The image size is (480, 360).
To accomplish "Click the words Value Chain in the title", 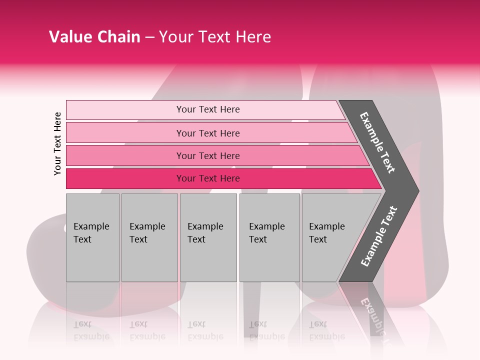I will click(94, 37).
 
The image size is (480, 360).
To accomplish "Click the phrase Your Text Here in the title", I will click(215, 37).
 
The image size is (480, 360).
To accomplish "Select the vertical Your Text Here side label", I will click(57, 143).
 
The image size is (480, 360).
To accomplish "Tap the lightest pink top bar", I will click(125, 110).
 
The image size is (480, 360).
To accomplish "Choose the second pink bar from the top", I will click(125, 133).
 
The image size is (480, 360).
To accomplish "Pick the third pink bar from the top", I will click(125, 155).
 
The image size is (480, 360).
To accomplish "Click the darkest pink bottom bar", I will click(125, 178).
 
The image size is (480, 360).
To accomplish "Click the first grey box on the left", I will click(92, 260).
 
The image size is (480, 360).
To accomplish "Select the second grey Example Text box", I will click(149, 260).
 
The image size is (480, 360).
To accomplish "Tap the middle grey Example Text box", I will click(208, 260).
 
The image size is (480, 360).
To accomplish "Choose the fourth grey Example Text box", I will click(269, 260).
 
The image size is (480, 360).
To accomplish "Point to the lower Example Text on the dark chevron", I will click(379, 236).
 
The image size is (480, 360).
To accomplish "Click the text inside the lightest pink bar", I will click(208, 109).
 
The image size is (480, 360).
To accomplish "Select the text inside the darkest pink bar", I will click(208, 178).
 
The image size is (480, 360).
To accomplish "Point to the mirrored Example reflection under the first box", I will click(91, 336).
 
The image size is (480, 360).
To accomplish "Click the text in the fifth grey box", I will click(326, 232).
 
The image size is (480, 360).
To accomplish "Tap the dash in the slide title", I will click(149, 37).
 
